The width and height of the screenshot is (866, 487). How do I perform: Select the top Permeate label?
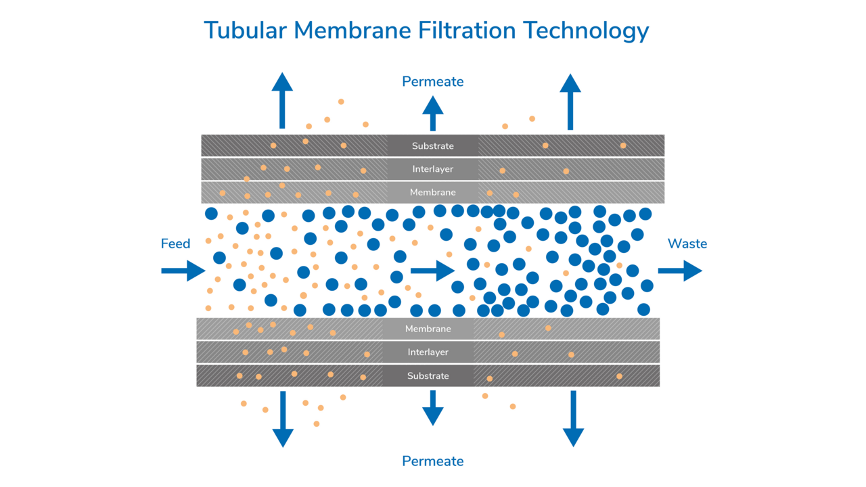click(433, 82)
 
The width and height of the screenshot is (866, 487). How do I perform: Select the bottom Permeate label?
click(433, 461)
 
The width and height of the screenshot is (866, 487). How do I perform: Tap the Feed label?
click(175, 243)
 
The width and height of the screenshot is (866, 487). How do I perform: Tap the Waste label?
click(687, 243)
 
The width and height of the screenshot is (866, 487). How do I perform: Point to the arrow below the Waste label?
click(680, 271)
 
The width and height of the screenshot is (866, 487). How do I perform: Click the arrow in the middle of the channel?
click(432, 271)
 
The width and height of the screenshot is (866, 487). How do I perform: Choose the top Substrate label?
click(433, 146)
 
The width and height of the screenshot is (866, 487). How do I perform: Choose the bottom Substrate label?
click(428, 376)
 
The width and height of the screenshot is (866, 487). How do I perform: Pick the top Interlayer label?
click(433, 169)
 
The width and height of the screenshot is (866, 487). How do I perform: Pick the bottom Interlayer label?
click(428, 352)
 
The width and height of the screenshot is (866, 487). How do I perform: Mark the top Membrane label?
click(433, 193)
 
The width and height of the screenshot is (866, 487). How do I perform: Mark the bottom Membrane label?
click(428, 329)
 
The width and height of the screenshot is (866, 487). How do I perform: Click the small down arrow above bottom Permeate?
click(433, 408)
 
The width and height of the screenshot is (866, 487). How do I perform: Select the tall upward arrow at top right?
click(570, 101)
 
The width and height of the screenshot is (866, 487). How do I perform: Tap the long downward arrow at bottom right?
click(573, 419)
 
